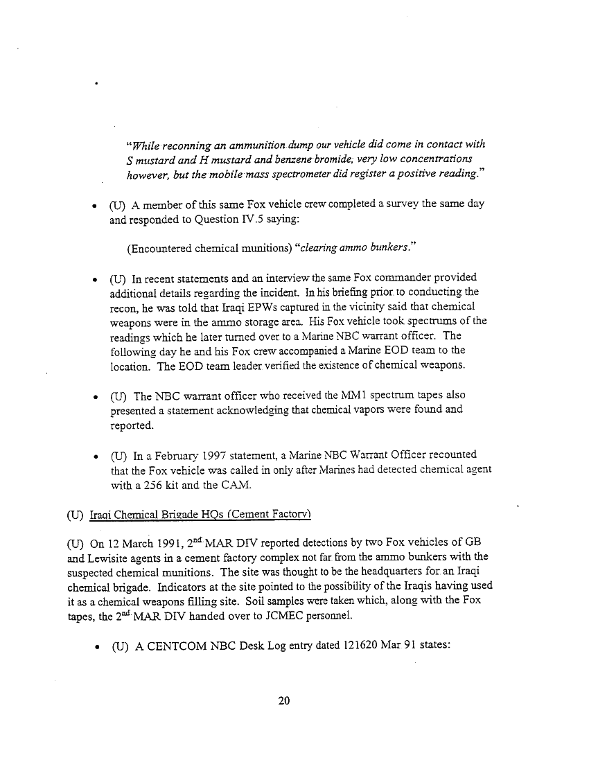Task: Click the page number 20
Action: pyautogui.click(x=283, y=701)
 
